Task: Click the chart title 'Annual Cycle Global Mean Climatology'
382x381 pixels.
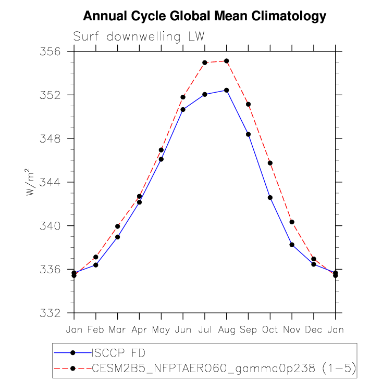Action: (205, 16)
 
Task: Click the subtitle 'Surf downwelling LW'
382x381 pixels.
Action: (139, 36)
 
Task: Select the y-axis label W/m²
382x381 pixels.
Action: (31, 183)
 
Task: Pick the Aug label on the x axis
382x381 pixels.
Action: (227, 329)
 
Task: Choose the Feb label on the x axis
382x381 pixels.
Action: (96, 329)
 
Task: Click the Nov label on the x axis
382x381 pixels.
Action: (292, 329)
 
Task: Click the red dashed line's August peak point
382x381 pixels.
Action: (227, 61)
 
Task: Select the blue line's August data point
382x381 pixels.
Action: (227, 90)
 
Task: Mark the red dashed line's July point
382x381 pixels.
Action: (205, 62)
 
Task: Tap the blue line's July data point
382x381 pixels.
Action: (205, 94)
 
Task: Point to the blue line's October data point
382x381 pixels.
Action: (270, 197)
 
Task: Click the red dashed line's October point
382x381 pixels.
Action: (270, 163)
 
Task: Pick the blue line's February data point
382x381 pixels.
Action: (96, 265)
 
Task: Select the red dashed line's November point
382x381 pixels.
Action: (292, 222)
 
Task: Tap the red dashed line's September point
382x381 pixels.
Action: (248, 104)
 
